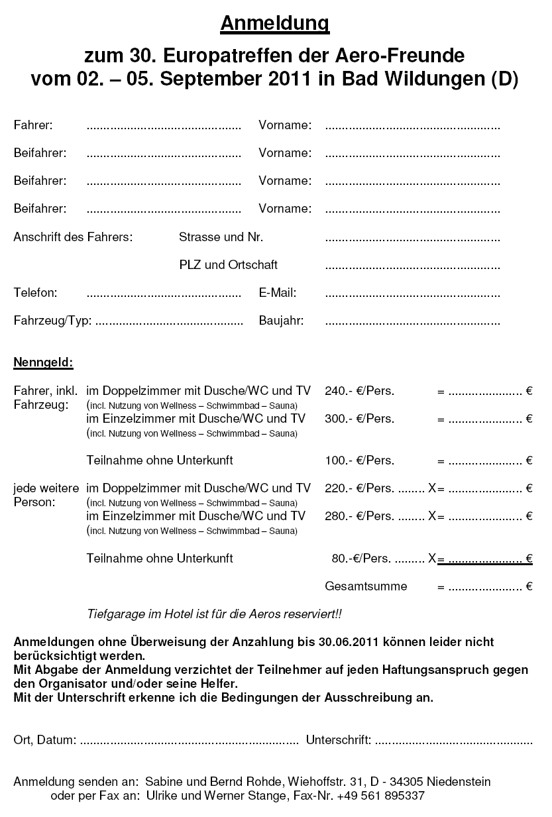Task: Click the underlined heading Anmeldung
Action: [x=275, y=24]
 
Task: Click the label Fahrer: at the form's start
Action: [x=33, y=125]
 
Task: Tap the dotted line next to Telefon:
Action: [x=164, y=294]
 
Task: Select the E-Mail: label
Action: [x=277, y=292]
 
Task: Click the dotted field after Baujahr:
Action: [x=412, y=323]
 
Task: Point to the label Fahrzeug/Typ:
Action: [x=52, y=321]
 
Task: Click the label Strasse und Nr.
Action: [x=221, y=237]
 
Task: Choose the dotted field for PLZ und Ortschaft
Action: [x=412, y=267]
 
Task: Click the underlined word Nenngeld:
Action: [x=43, y=362]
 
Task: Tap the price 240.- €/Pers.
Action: [x=359, y=391]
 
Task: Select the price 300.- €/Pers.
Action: [x=359, y=419]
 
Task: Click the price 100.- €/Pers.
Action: [x=359, y=461]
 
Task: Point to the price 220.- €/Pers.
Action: [x=359, y=488]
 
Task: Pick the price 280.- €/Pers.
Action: [x=359, y=516]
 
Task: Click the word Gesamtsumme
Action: [x=366, y=586]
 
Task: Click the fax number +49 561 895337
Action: [x=380, y=796]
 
